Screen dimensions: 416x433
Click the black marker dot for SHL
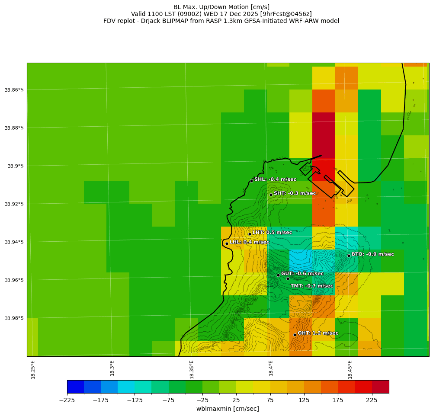click(x=251, y=181)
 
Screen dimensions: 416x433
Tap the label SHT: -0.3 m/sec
click(x=295, y=193)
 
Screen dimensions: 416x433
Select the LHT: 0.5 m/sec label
click(x=272, y=233)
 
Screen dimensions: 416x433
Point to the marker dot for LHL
click(x=227, y=243)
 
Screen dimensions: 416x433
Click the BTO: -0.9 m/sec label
click(x=372, y=254)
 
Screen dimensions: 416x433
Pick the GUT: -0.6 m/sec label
click(x=302, y=274)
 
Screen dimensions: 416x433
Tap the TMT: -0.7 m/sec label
click(x=311, y=286)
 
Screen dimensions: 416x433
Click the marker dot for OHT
click(x=295, y=335)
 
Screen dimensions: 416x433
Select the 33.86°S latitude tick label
click(x=14, y=90)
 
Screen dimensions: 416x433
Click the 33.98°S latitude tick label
click(x=14, y=318)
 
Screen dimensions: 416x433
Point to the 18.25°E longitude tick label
click(x=33, y=369)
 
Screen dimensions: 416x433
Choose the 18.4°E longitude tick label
click(x=271, y=369)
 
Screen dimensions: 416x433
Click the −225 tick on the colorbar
click(x=67, y=400)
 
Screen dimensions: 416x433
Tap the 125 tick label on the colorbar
click(x=304, y=400)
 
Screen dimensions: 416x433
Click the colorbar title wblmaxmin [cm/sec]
click(x=228, y=409)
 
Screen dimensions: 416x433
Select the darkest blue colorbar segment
click(x=75, y=387)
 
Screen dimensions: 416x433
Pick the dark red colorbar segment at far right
click(x=381, y=387)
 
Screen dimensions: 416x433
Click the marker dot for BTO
click(x=349, y=256)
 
